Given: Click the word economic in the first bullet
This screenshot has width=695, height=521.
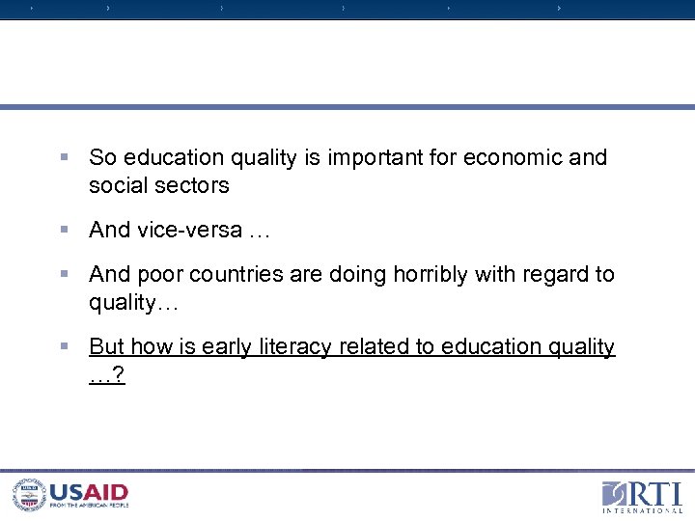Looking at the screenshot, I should click(x=513, y=157).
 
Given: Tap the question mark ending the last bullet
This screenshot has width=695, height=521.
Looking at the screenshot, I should click(x=118, y=375).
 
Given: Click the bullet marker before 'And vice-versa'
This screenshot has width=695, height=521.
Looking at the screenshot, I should click(x=64, y=230).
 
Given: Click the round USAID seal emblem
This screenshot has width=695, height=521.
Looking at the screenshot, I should click(x=29, y=495).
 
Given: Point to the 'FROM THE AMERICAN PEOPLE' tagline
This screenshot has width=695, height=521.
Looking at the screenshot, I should click(x=89, y=506).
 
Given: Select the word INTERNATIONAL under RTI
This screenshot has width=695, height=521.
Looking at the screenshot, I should click(x=643, y=510).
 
